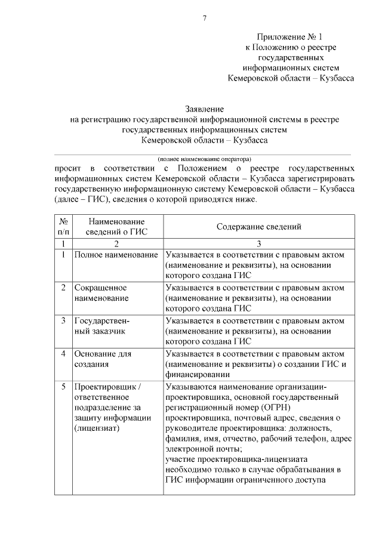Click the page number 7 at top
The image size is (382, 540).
[x=204, y=18]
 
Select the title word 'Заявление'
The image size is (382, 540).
[x=204, y=109]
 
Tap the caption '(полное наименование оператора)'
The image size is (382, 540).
[x=204, y=159]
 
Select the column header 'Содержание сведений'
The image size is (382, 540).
[x=258, y=227]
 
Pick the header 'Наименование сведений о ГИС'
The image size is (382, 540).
[x=117, y=227]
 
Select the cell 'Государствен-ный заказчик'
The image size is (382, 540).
[x=101, y=326]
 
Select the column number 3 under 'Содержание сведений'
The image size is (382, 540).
[x=258, y=243]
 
